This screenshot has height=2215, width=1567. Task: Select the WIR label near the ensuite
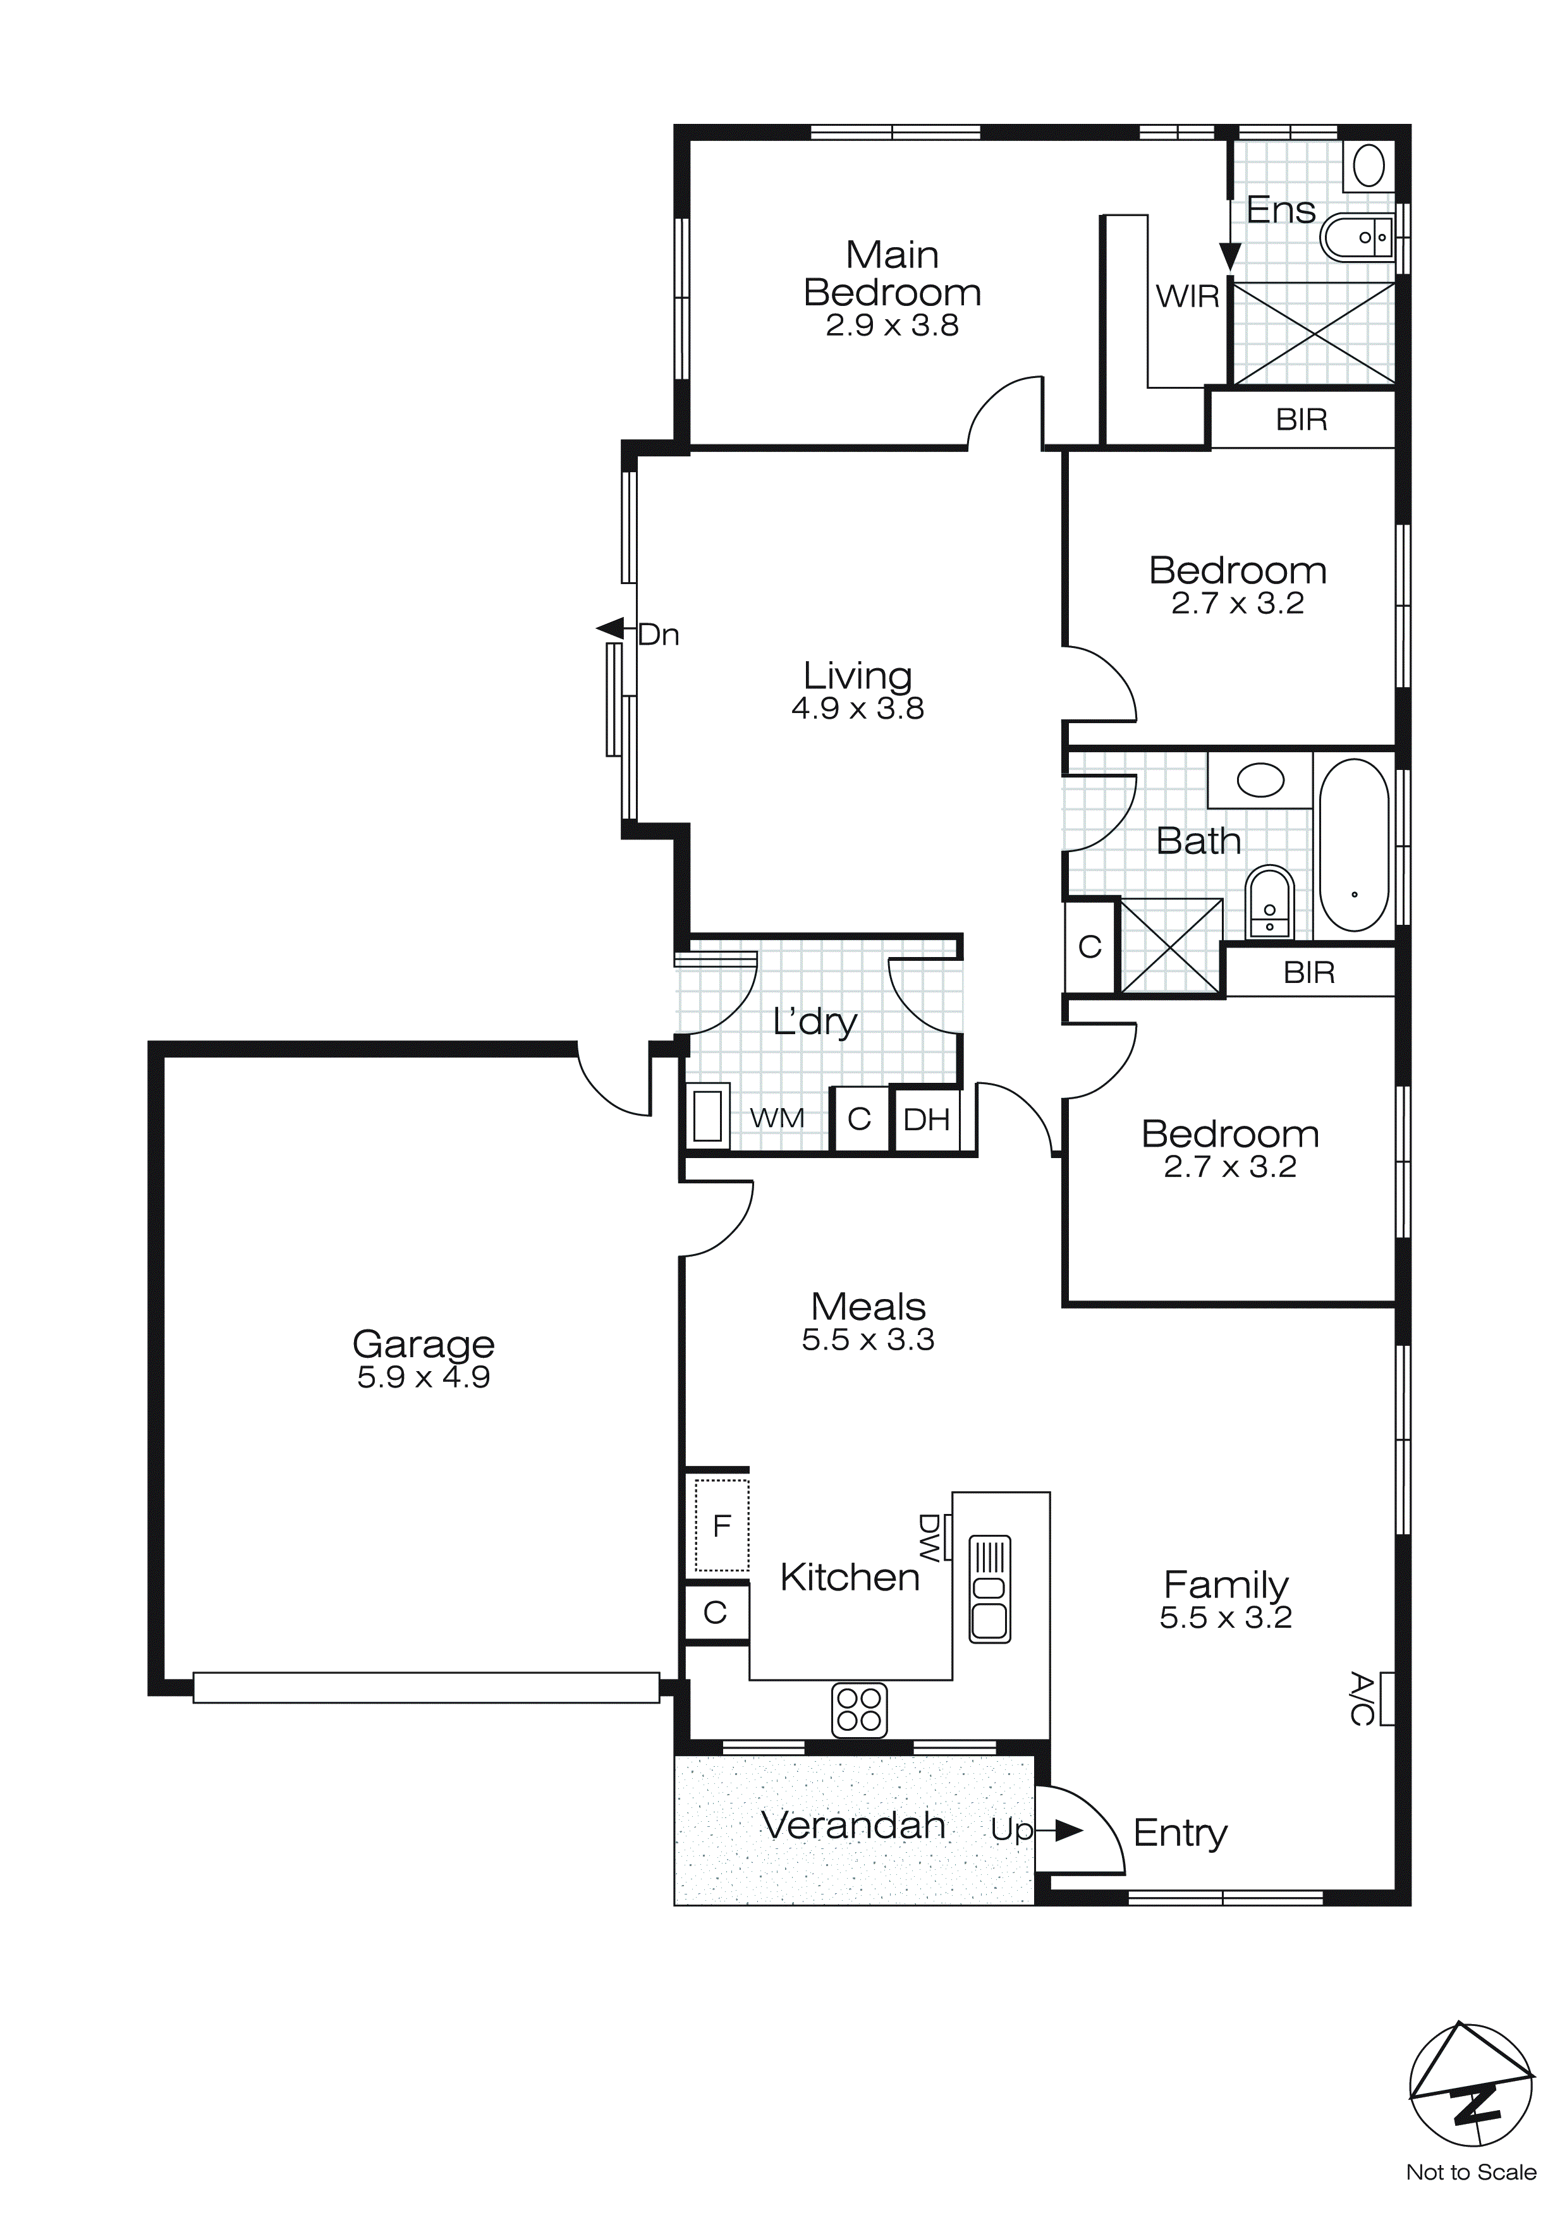(1188, 296)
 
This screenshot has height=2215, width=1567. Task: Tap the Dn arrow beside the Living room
(610, 629)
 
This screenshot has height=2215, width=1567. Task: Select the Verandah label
(853, 1825)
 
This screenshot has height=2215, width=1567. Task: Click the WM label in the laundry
(777, 1118)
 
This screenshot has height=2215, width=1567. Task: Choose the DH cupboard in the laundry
(926, 1119)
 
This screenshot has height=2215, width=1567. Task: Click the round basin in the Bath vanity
(1260, 779)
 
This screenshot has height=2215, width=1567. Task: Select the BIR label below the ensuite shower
(1301, 420)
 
